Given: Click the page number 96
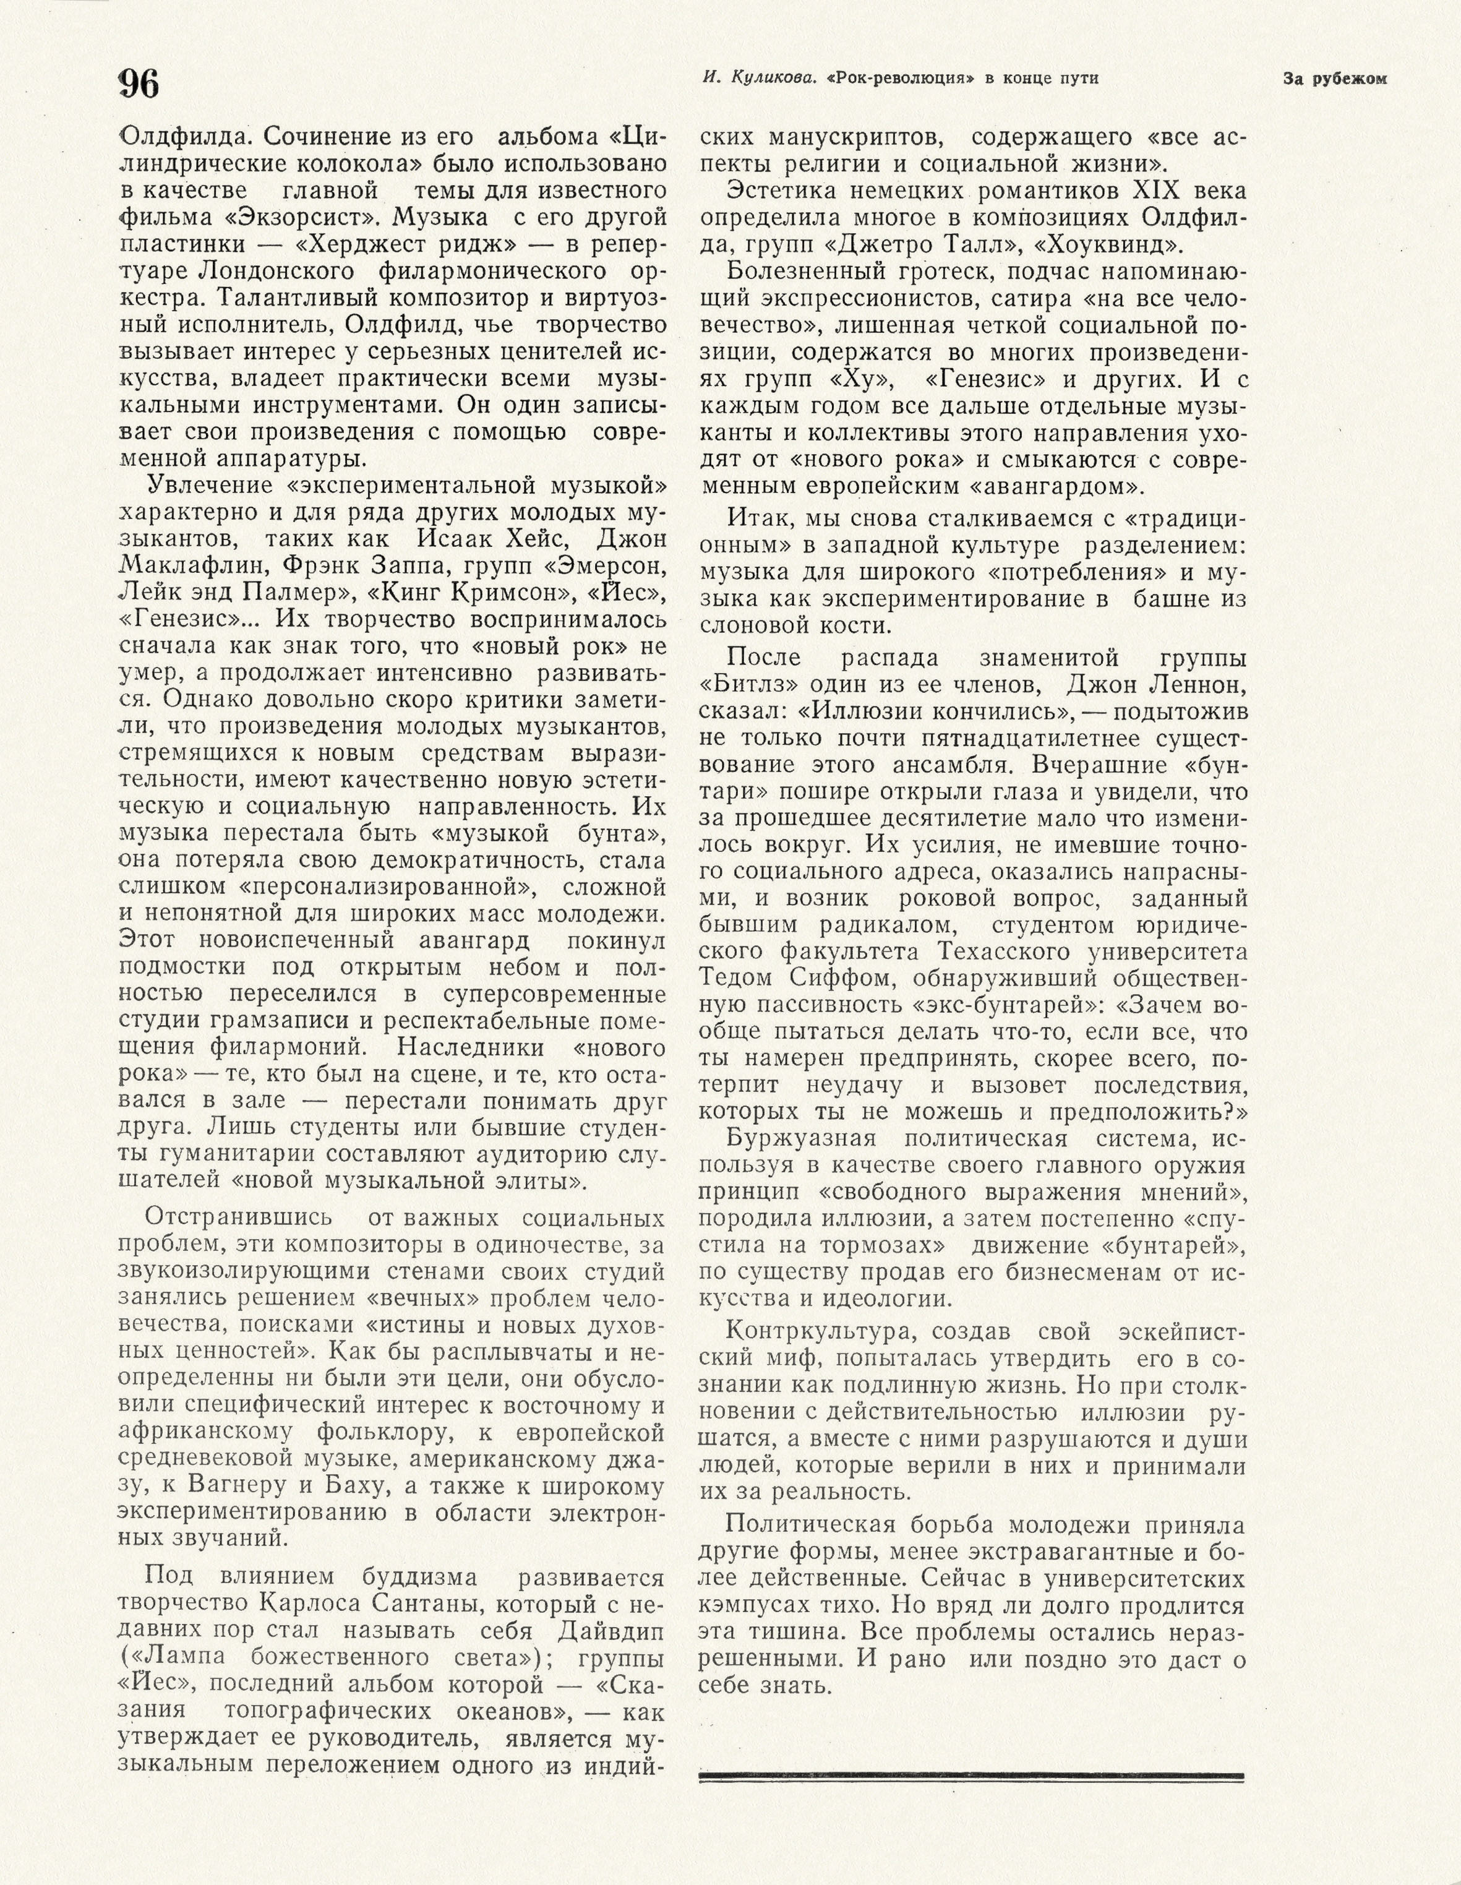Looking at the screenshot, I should click(139, 84).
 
